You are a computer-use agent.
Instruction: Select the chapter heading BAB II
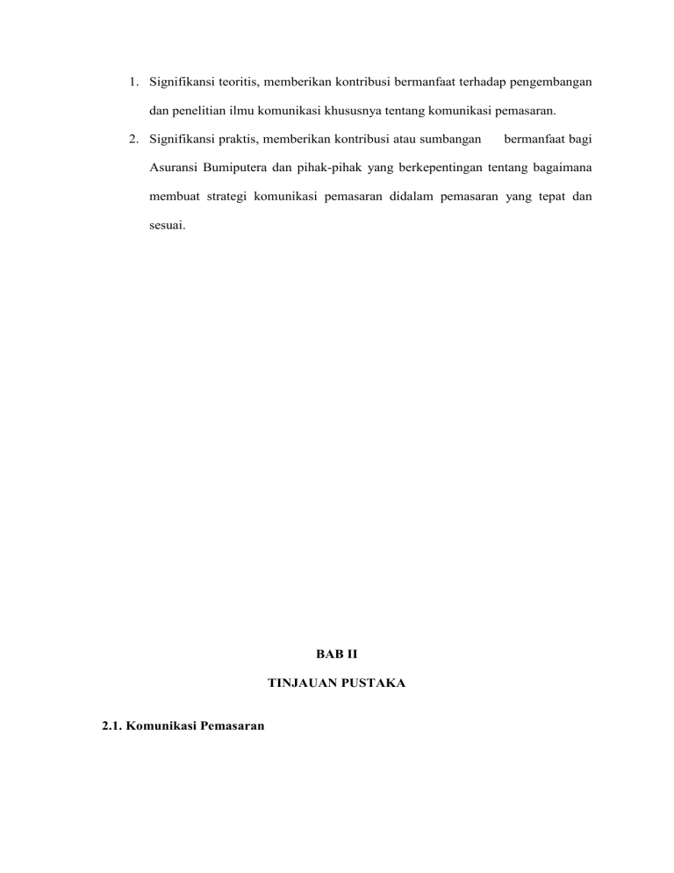point(336,653)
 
